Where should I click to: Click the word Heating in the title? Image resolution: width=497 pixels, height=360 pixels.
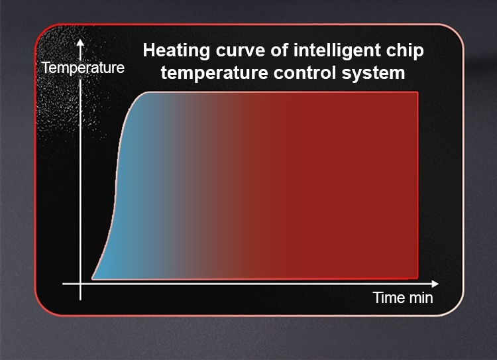(176, 51)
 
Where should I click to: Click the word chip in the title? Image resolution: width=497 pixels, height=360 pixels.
(400, 51)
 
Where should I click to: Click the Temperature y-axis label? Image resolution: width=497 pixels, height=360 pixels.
(83, 68)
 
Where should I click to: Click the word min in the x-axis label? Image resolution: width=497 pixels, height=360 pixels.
(421, 298)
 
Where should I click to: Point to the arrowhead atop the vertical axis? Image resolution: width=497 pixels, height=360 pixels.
(80, 42)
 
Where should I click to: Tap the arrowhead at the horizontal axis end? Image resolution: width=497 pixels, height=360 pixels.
(435, 284)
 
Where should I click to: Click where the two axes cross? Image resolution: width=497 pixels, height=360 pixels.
(80, 284)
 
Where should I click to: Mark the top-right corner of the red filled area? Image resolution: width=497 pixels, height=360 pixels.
(417, 92)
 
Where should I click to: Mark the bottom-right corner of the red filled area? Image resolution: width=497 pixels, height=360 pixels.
(417, 279)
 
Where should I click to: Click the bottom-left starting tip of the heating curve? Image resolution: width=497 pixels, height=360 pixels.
(92, 279)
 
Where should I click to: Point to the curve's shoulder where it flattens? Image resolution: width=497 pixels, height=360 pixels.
(139, 95)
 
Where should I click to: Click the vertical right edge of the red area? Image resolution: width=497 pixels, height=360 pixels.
(417, 186)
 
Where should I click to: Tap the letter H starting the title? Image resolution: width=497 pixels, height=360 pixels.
(148, 50)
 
